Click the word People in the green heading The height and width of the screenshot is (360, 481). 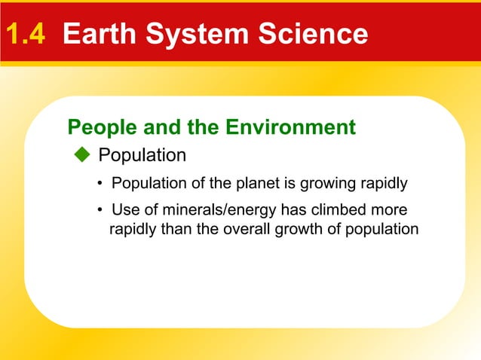[x=96, y=127]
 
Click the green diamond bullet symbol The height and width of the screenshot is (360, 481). [x=82, y=155]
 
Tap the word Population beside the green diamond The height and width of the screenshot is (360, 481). [x=142, y=155]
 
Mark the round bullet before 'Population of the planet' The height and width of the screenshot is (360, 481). [x=100, y=183]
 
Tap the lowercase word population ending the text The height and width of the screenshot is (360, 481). [x=382, y=228]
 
